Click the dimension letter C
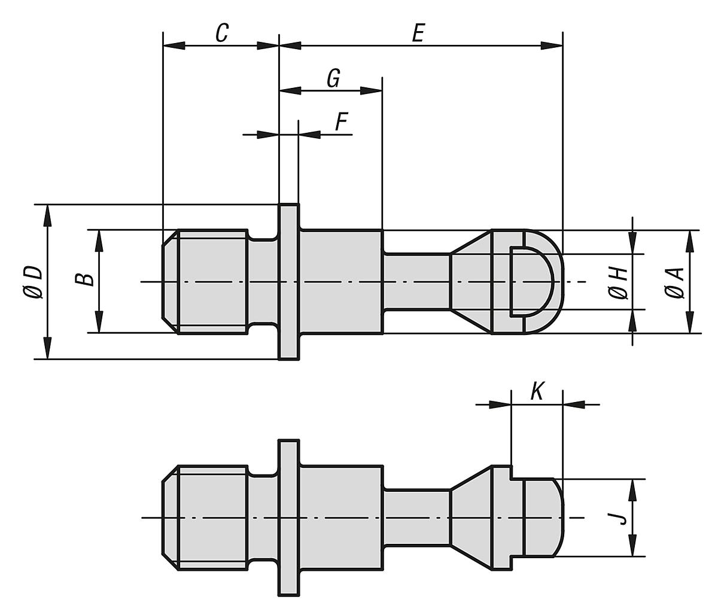[x=221, y=33]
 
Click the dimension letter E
[x=418, y=33]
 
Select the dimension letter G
[x=333, y=78]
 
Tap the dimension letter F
[x=340, y=122]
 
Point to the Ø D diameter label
[x=34, y=282]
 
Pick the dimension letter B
[x=86, y=279]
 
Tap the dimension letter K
[x=537, y=392]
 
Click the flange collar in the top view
[x=289, y=282]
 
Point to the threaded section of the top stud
[x=212, y=282]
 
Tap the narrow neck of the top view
[x=416, y=282]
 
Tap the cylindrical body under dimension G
[x=340, y=282]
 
